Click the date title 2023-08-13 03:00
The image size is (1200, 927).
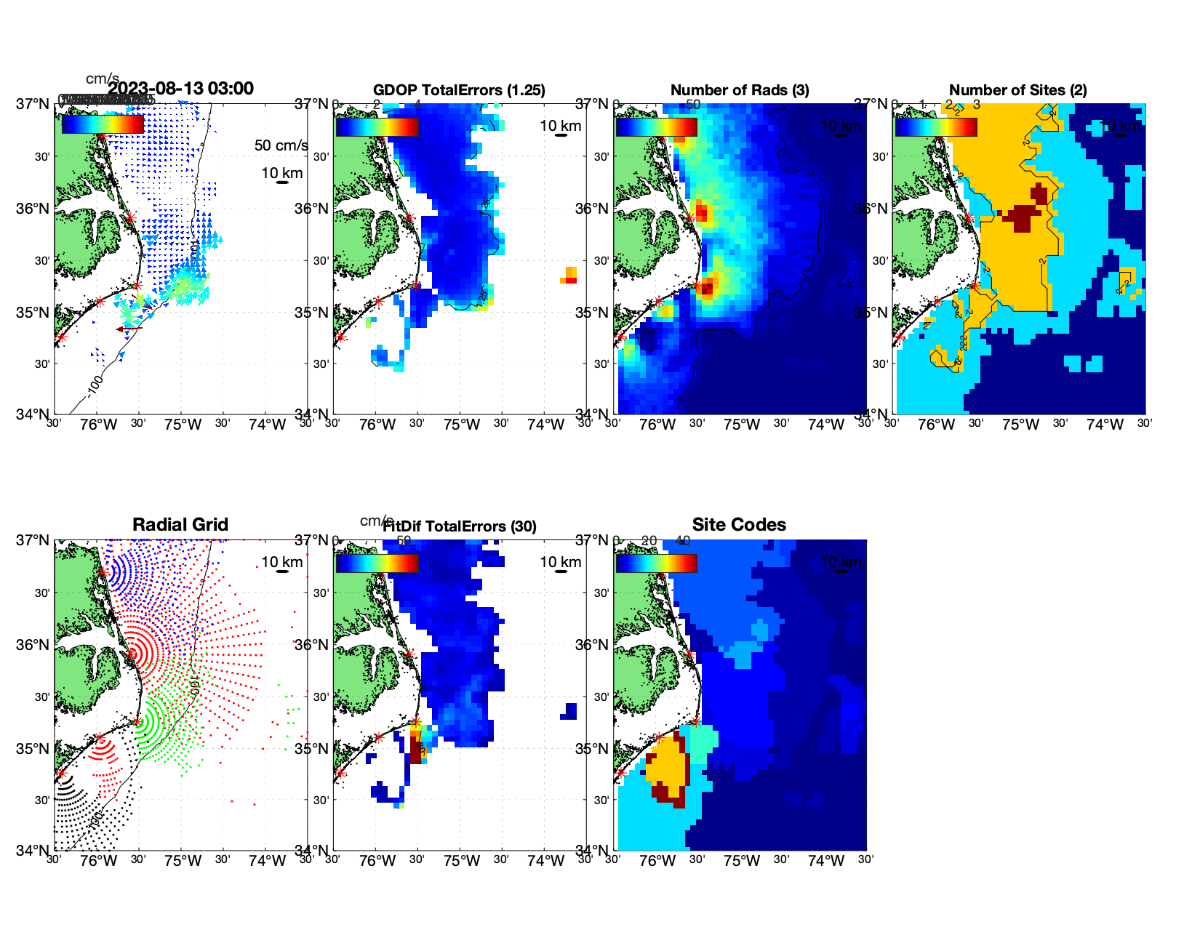pos(181,89)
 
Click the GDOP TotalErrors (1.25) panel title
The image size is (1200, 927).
pos(459,90)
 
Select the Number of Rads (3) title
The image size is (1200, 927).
pos(740,90)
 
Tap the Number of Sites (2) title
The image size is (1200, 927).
pos(1017,90)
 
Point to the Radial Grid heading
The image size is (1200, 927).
pos(180,525)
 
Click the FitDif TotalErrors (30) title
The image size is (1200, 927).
pos(460,526)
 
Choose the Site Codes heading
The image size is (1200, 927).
pos(739,525)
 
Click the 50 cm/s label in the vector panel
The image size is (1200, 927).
pos(281,145)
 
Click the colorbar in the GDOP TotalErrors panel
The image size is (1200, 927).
pos(377,127)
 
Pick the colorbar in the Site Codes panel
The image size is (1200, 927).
pos(656,563)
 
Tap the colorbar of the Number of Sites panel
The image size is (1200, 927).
pos(936,127)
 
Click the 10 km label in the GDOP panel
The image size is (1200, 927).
pos(560,126)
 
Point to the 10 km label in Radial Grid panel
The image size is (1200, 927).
pos(281,562)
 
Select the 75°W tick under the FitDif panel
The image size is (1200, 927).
pos(461,861)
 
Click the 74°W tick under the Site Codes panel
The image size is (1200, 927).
pos(825,861)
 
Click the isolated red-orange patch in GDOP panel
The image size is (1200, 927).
pos(570,276)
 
